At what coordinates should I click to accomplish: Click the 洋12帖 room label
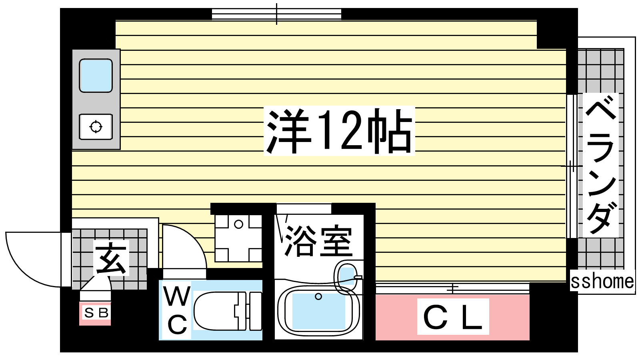pos(339,131)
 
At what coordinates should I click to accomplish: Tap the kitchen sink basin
pos(96,76)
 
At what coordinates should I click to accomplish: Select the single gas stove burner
pos(96,127)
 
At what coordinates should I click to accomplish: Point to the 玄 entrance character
pos(111,258)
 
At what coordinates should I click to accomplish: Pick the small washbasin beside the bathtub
pos(347,276)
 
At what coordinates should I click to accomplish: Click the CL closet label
pos(453,317)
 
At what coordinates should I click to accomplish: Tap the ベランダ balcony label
pos(600,165)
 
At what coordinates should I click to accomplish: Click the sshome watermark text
pos(602,281)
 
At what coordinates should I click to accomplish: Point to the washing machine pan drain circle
pos(238,224)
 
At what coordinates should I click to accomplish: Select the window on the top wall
pos(276,14)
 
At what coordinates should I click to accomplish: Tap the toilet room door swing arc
pos(184,247)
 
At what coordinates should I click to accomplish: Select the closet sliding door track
pos(452,288)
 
